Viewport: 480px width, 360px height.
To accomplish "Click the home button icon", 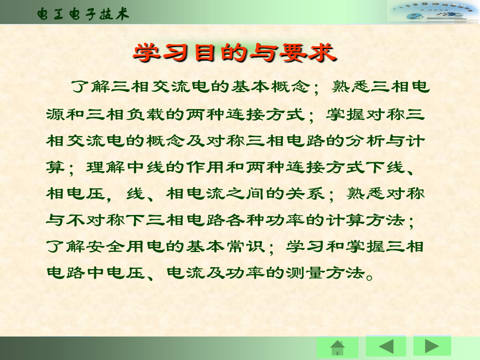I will pos(338,347).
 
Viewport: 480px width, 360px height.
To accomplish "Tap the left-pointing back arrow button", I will pos(386,346).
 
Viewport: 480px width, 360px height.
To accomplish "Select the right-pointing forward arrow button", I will pos(432,346).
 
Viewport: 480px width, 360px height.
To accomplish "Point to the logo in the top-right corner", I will pos(433,12).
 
